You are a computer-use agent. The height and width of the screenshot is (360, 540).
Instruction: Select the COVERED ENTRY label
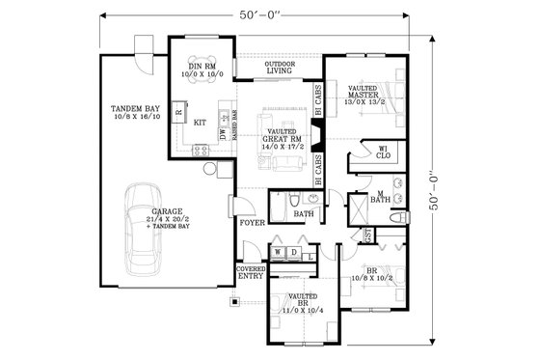tap(252, 273)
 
